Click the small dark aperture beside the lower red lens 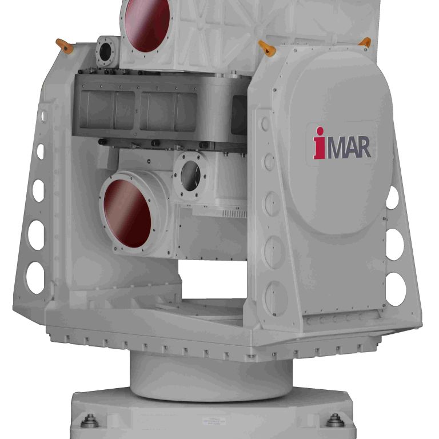[190, 175]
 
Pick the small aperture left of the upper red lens [106, 53]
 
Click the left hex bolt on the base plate [89, 422]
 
